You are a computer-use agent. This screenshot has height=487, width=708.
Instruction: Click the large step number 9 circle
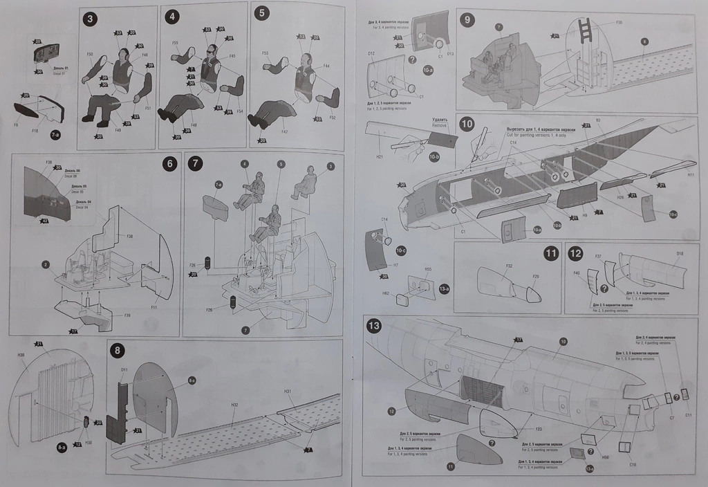[468, 19]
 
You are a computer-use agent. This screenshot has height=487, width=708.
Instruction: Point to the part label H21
[380, 157]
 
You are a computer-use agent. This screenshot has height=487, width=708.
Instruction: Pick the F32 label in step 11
[509, 266]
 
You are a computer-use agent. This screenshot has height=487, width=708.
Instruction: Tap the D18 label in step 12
[680, 255]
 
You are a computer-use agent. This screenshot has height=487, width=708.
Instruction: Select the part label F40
[577, 273]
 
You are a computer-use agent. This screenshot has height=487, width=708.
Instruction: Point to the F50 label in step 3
[91, 53]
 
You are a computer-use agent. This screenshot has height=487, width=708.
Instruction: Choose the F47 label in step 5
[285, 130]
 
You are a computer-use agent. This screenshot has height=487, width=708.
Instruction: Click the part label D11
[124, 370]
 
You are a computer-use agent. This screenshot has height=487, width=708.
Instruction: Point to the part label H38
[21, 355]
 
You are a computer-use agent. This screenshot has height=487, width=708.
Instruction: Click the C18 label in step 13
[632, 464]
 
